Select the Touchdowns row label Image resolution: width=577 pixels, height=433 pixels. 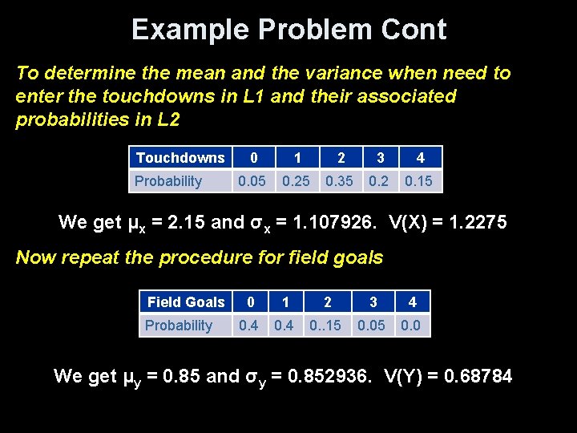click(x=180, y=158)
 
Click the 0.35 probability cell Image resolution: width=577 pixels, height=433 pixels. click(x=338, y=181)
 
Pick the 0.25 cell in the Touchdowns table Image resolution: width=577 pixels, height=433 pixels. click(x=297, y=181)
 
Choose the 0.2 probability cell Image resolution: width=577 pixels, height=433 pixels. click(x=378, y=181)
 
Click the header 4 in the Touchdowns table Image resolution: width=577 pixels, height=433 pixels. click(x=420, y=158)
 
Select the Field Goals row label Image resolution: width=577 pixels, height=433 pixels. click(x=186, y=302)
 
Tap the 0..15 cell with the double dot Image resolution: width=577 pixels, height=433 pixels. click(x=326, y=326)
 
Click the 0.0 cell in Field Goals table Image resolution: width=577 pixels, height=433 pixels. click(x=412, y=326)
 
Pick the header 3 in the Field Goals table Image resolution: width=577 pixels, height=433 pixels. click(x=373, y=302)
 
